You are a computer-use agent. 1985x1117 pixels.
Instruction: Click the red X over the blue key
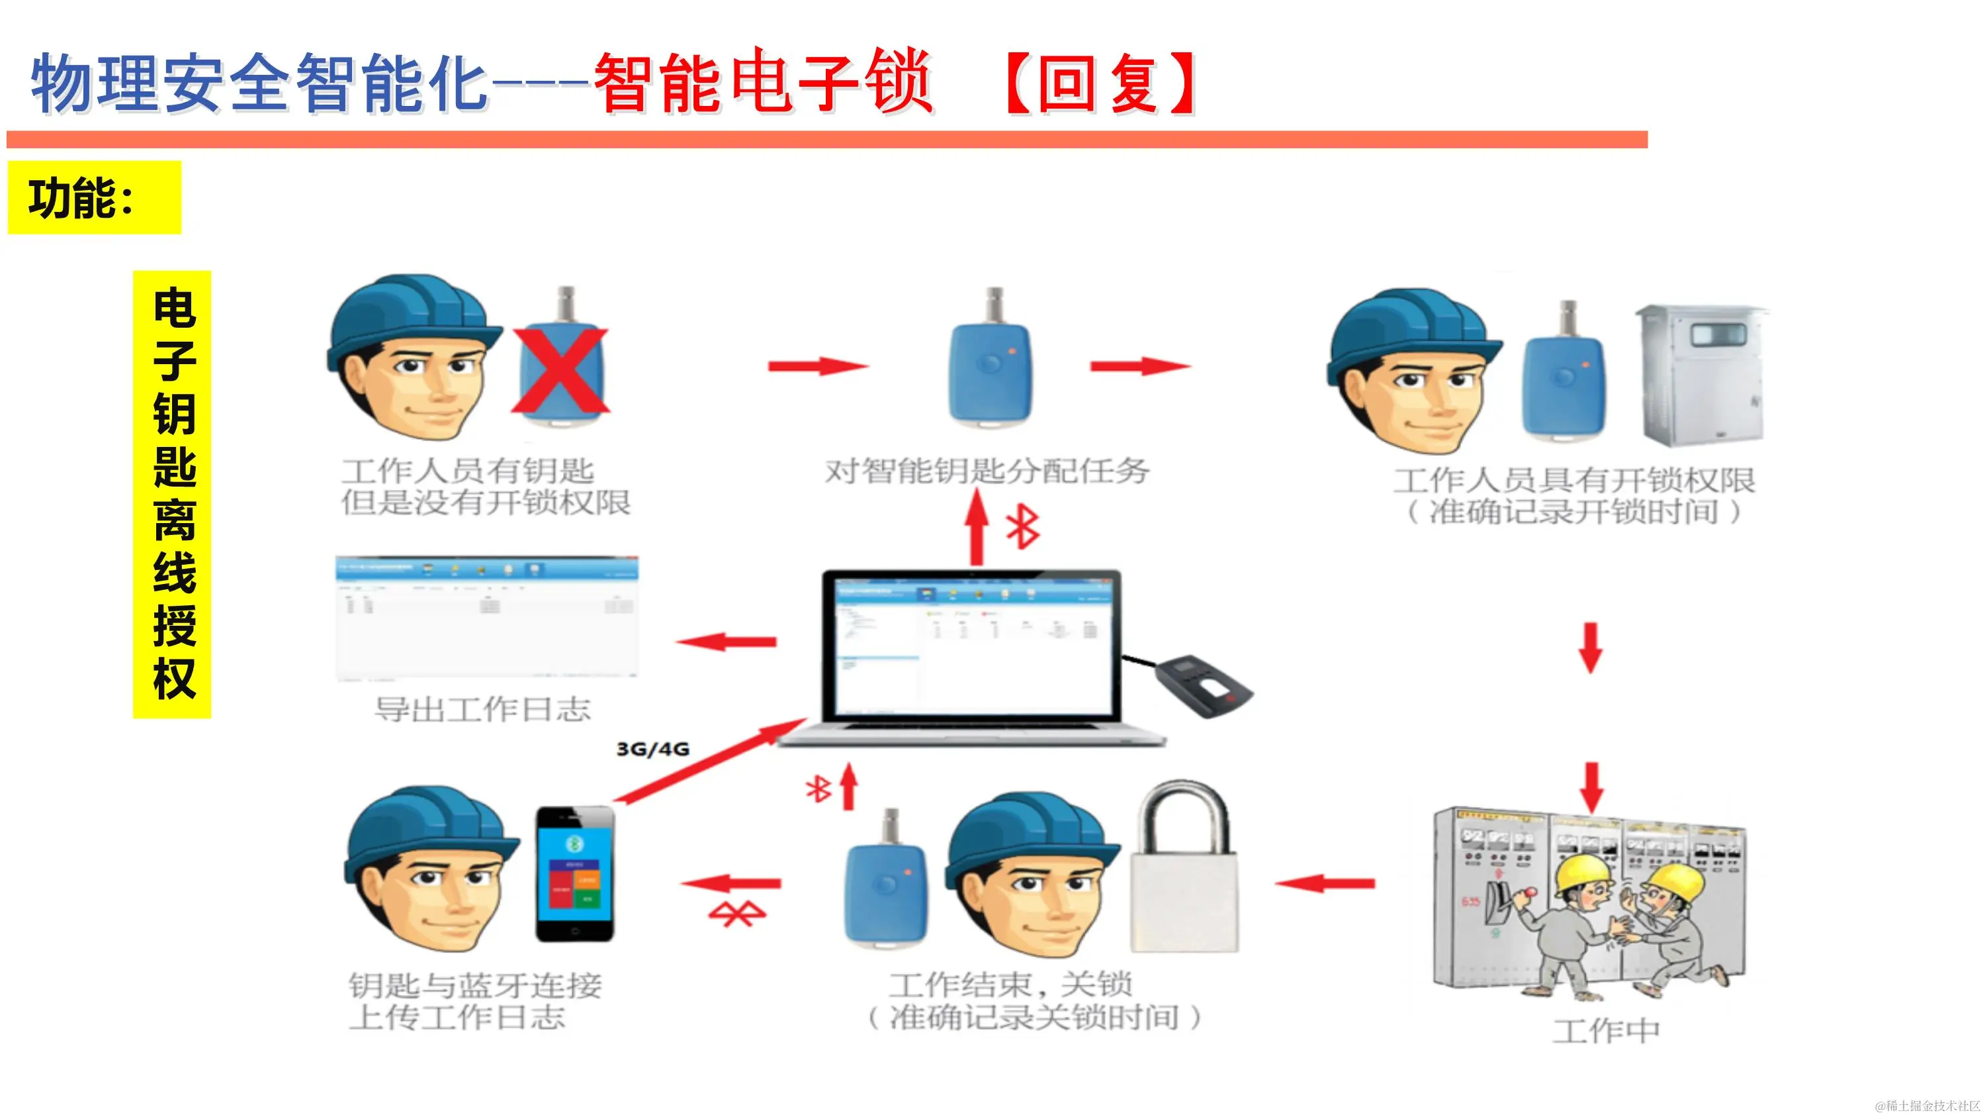560,371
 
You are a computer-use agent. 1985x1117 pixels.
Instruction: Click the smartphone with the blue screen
575,874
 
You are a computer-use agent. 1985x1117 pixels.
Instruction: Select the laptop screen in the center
973,646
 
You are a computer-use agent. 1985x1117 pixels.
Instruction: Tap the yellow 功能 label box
94,198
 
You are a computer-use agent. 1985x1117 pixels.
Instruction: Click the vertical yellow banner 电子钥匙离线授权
173,494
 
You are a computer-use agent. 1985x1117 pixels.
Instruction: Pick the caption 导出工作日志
482,710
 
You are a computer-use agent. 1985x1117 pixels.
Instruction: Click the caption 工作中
1606,1031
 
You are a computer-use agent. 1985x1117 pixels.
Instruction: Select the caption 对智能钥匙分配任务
987,471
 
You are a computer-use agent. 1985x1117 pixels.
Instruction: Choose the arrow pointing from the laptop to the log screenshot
727,642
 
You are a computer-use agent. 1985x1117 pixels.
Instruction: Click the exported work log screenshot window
487,618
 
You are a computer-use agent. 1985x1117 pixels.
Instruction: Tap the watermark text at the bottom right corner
1925,1106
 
